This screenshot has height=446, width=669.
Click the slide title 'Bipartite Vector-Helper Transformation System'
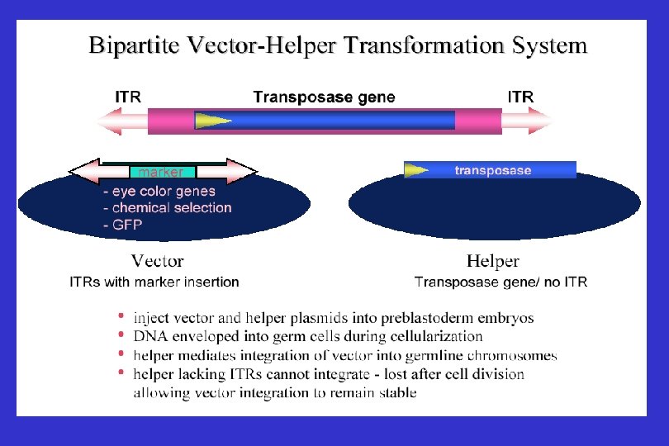(338, 45)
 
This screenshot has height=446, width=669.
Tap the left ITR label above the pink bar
(127, 97)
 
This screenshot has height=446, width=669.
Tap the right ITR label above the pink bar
(520, 97)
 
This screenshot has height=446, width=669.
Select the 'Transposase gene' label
(324, 97)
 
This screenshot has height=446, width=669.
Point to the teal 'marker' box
(162, 173)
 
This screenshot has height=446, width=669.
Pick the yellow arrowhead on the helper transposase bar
(416, 170)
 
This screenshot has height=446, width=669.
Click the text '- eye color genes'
(159, 192)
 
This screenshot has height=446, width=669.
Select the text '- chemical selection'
(168, 207)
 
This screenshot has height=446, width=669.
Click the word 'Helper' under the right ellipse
(493, 262)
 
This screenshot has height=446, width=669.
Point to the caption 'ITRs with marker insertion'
(154, 282)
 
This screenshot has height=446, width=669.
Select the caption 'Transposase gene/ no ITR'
(501, 282)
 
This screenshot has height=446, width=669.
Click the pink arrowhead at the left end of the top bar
(111, 122)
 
